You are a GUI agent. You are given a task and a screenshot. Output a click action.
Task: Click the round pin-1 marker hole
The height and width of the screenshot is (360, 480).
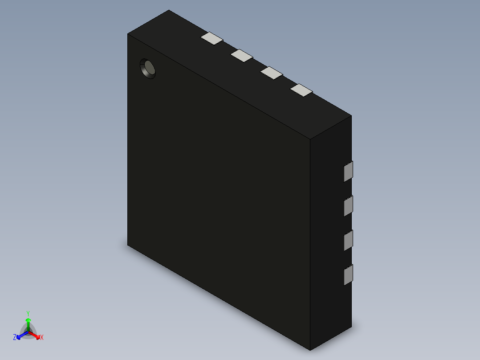coord(148,69)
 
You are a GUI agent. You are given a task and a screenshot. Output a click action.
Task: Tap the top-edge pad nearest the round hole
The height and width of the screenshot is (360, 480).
coord(212,38)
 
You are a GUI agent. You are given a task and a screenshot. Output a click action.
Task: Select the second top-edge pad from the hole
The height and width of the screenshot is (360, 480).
coord(242,55)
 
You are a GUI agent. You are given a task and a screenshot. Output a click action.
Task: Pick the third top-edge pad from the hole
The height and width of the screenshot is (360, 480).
coord(272,73)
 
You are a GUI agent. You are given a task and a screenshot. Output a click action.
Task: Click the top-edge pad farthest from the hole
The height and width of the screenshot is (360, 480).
coord(301,90)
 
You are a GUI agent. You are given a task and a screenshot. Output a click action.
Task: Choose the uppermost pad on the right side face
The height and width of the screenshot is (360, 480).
coord(348,171)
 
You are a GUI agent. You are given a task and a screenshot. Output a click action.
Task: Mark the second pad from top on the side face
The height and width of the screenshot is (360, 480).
coord(348,205)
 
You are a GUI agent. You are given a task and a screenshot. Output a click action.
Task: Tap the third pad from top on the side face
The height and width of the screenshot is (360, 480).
coord(348,240)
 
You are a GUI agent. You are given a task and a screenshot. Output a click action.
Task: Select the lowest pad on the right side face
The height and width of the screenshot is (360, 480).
coord(348,274)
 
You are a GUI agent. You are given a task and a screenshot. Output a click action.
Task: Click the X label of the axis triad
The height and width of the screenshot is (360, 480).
coord(42,337)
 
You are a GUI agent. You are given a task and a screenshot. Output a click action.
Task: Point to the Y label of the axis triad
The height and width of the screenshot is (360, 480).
coord(28,313)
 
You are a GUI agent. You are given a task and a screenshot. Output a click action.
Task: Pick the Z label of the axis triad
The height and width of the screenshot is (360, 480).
coord(15,337)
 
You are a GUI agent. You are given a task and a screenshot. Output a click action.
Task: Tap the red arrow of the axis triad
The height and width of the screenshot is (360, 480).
coord(37,335)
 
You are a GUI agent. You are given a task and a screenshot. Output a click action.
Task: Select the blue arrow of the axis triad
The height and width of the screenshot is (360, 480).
coord(20,335)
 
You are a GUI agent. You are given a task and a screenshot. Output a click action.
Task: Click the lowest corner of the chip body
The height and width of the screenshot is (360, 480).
coord(310,350)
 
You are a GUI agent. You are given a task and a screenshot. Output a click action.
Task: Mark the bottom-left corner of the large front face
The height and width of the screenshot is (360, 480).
coord(128,245)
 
